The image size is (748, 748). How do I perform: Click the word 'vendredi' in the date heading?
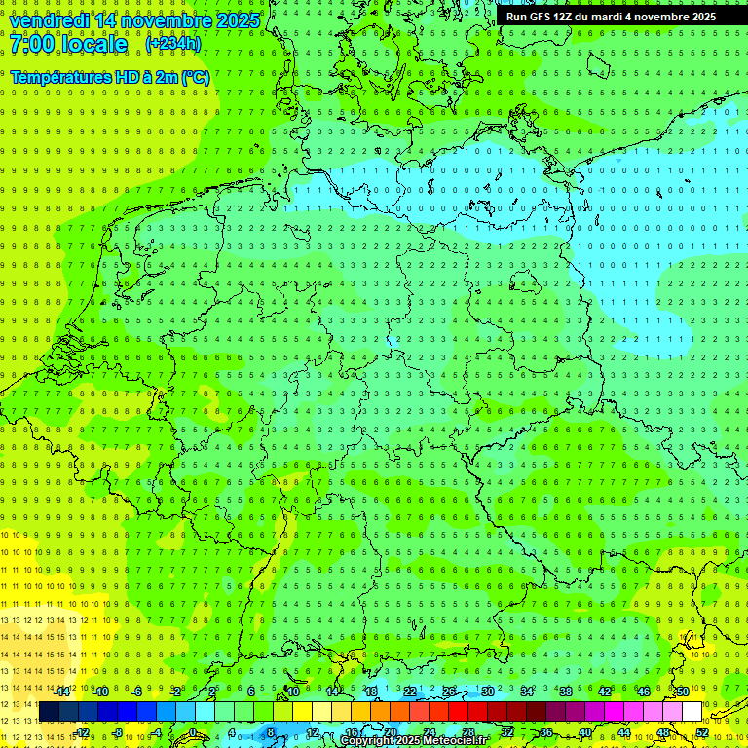[48, 20]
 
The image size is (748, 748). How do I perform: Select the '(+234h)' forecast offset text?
[173, 44]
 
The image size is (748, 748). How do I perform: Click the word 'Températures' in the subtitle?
[59, 77]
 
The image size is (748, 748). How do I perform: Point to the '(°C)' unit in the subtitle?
[194, 77]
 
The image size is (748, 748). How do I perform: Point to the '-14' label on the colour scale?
[62, 691]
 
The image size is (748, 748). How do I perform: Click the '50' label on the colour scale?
[683, 691]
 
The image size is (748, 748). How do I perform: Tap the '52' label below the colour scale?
[702, 732]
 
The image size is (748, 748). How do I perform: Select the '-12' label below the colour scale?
[82, 732]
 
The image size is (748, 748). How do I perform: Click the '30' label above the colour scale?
[488, 691]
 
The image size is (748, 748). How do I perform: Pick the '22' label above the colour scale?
[410, 691]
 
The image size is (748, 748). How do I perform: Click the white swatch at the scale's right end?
[692, 711]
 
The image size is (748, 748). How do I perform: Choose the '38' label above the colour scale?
[566, 691]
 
